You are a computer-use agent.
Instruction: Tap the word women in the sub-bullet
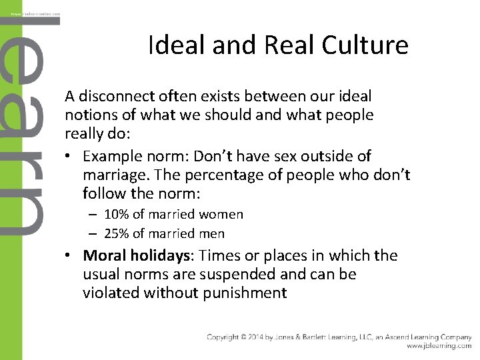[x=223, y=215]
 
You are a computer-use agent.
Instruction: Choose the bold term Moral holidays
[x=137, y=256]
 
